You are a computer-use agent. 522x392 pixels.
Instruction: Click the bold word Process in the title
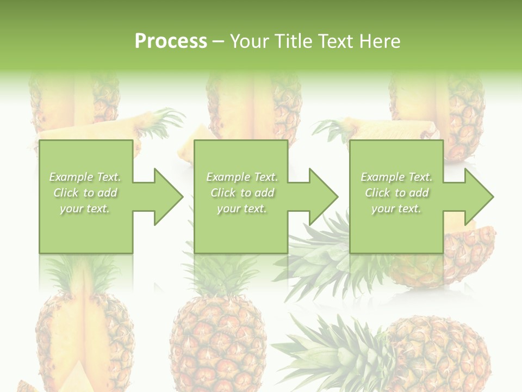171,41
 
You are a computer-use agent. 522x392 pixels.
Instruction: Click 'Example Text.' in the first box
85,177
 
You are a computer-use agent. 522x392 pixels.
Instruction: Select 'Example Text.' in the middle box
242,177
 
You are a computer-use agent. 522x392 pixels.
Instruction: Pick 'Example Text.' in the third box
396,177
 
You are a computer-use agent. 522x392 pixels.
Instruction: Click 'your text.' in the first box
85,209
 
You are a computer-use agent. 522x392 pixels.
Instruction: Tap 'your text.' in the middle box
242,209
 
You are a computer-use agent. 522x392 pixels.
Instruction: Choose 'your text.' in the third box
396,209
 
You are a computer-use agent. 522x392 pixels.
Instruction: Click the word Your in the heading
248,41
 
